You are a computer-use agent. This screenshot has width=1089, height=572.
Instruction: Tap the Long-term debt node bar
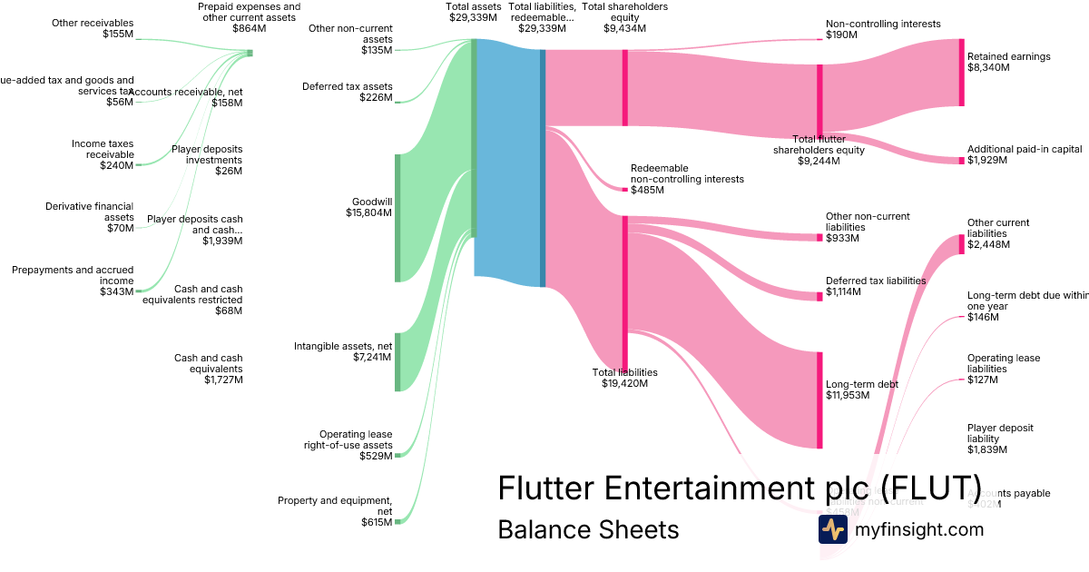pos(819,399)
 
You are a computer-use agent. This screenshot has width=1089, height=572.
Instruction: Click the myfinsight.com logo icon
pos(832,528)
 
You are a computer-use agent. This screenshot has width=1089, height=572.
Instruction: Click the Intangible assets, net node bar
pos(397,361)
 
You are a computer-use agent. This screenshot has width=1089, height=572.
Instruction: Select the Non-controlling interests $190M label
pos(870,29)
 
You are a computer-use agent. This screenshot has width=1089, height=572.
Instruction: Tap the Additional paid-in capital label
pos(1024,154)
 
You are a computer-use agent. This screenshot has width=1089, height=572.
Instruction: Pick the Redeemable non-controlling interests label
pos(686,179)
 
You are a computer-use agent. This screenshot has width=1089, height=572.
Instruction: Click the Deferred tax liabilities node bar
pos(819,295)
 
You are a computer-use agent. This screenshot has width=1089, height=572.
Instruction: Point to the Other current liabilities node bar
pos(962,243)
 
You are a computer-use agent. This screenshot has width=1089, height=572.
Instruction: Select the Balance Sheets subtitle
pos(588,529)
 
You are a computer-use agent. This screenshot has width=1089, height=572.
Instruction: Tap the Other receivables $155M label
pos(93,28)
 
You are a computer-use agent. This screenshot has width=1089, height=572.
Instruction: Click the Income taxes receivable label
pos(102,154)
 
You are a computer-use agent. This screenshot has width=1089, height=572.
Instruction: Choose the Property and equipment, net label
pos(335,511)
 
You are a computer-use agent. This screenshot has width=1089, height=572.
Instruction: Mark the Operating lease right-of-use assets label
pos(348,445)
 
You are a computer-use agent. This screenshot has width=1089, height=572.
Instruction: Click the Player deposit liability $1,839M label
pos(1000,439)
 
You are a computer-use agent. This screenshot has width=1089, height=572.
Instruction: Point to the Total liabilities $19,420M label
pos(624,378)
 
